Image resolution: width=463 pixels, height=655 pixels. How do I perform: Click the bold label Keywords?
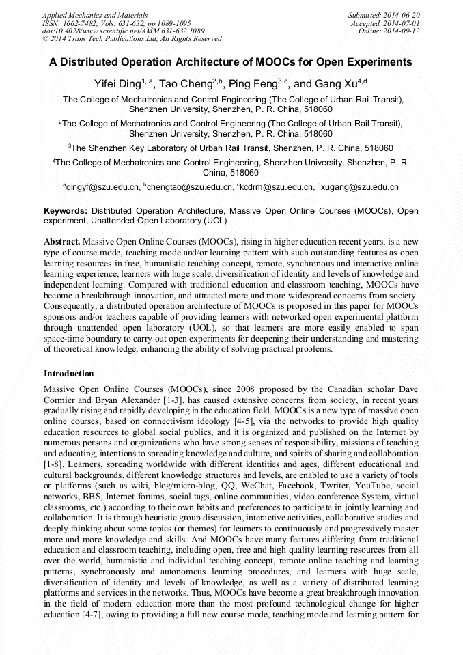[x=66, y=211]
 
